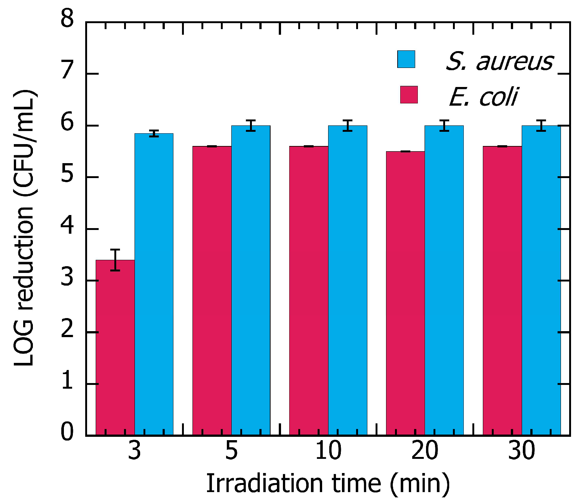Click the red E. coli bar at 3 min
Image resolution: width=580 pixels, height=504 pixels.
(115, 347)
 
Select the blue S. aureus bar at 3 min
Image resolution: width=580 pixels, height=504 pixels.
(154, 284)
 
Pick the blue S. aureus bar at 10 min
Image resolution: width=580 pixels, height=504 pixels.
(348, 280)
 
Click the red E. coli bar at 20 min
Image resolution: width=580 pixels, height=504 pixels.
(405, 293)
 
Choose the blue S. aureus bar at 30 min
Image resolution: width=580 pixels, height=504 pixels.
(541, 280)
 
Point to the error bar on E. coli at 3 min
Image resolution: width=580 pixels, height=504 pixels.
(115, 259)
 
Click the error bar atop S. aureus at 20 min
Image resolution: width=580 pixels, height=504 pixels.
(444, 126)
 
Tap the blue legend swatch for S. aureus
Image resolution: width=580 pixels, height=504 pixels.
(406, 59)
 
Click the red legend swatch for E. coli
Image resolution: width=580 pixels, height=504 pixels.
(408, 94)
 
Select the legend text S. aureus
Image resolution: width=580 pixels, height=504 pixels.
(500, 61)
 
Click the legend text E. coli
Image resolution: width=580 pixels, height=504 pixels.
(484, 97)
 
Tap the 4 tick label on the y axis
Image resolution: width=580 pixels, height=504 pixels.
(67, 225)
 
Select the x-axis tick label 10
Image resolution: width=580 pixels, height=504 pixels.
(328, 451)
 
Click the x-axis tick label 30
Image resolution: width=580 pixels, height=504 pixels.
(522, 451)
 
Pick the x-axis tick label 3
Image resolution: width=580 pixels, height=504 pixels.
(135, 451)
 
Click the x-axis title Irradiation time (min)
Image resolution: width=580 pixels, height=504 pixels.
(328, 483)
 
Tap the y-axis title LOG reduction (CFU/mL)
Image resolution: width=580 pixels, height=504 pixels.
(24, 228)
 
